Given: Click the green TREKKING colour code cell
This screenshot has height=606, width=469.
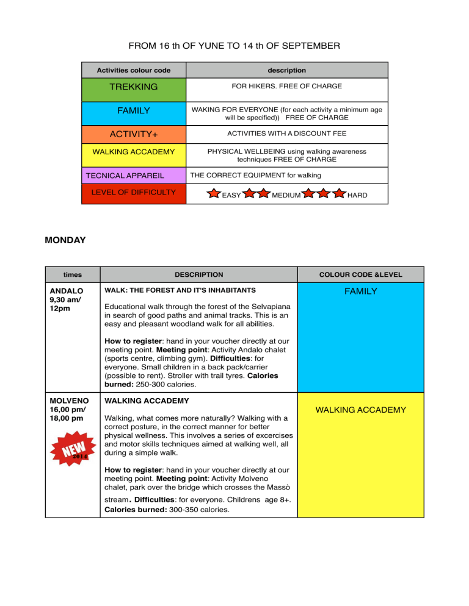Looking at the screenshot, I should tap(133, 87).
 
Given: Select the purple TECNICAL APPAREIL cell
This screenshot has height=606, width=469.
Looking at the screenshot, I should tap(133, 176).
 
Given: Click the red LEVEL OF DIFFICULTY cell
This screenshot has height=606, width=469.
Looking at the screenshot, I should tap(133, 193).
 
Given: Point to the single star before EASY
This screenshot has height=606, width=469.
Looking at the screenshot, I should tap(214, 194).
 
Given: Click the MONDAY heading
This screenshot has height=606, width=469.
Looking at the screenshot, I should tap(65, 240).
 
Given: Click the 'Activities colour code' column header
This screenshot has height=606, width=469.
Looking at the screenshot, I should tap(133, 70).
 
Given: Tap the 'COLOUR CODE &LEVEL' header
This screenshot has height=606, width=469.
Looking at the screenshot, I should tap(360, 275).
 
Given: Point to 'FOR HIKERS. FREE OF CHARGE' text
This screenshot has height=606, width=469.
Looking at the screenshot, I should tap(286, 87).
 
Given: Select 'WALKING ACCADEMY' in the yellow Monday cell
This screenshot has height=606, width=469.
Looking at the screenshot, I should tap(360, 410).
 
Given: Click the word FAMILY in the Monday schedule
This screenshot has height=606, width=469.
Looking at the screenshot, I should tap(360, 292).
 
